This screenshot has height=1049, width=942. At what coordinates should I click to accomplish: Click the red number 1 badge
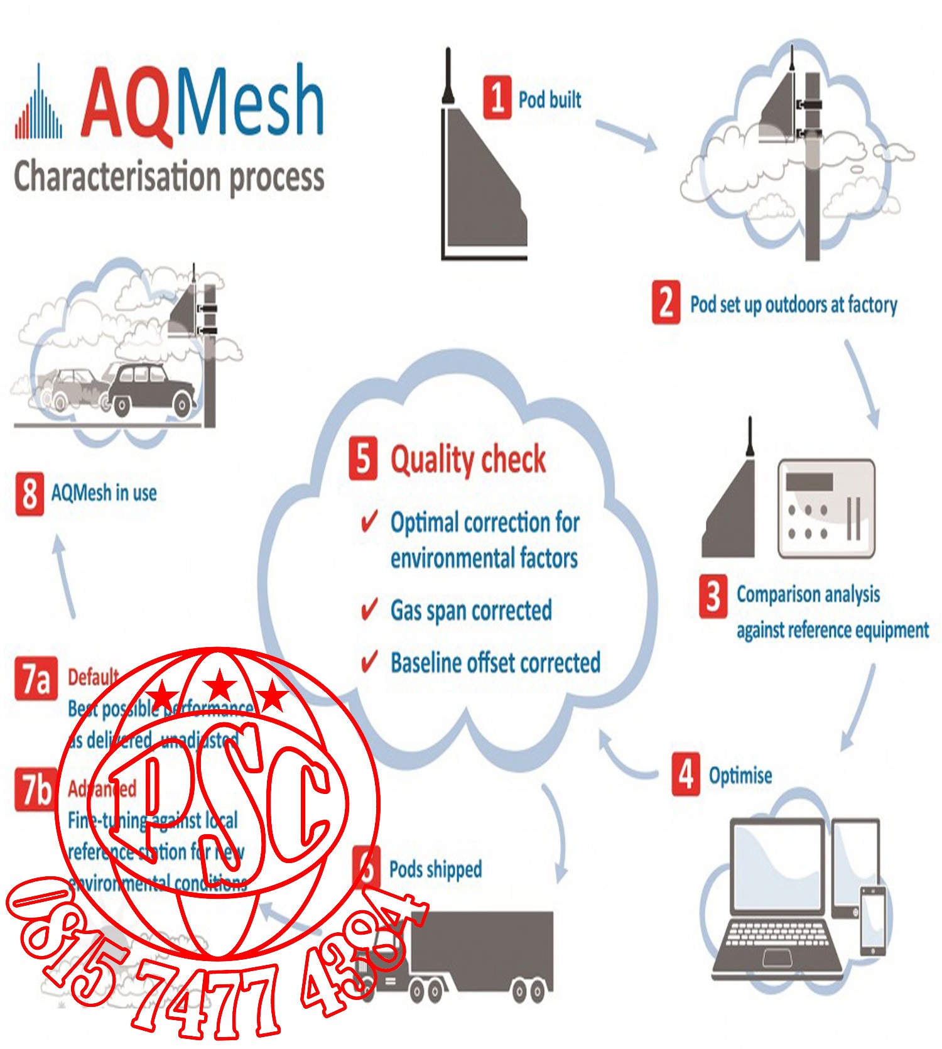[497, 97]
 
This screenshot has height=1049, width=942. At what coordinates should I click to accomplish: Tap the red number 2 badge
[666, 302]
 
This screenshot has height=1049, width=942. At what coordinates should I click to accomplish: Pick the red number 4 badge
[686, 774]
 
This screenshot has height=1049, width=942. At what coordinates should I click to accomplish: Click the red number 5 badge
[363, 458]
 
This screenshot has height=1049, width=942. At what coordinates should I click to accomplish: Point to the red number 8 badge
[30, 493]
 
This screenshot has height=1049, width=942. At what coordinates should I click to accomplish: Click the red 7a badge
[36, 678]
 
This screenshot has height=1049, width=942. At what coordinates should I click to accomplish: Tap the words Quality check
[468, 459]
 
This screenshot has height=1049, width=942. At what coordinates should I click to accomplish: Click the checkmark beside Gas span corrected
[369, 609]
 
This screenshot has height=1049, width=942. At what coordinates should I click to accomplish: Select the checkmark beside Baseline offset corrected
[369, 661]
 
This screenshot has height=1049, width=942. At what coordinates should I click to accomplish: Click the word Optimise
[740, 776]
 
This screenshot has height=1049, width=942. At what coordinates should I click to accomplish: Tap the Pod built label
[549, 99]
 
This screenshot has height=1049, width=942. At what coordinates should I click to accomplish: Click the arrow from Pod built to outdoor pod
[625, 135]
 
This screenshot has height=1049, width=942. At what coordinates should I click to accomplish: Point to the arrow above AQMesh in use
[65, 575]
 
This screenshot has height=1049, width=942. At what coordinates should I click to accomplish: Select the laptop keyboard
[777, 937]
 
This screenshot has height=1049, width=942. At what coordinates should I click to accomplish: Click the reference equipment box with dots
[826, 508]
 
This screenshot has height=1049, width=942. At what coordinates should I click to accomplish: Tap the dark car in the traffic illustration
[151, 389]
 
